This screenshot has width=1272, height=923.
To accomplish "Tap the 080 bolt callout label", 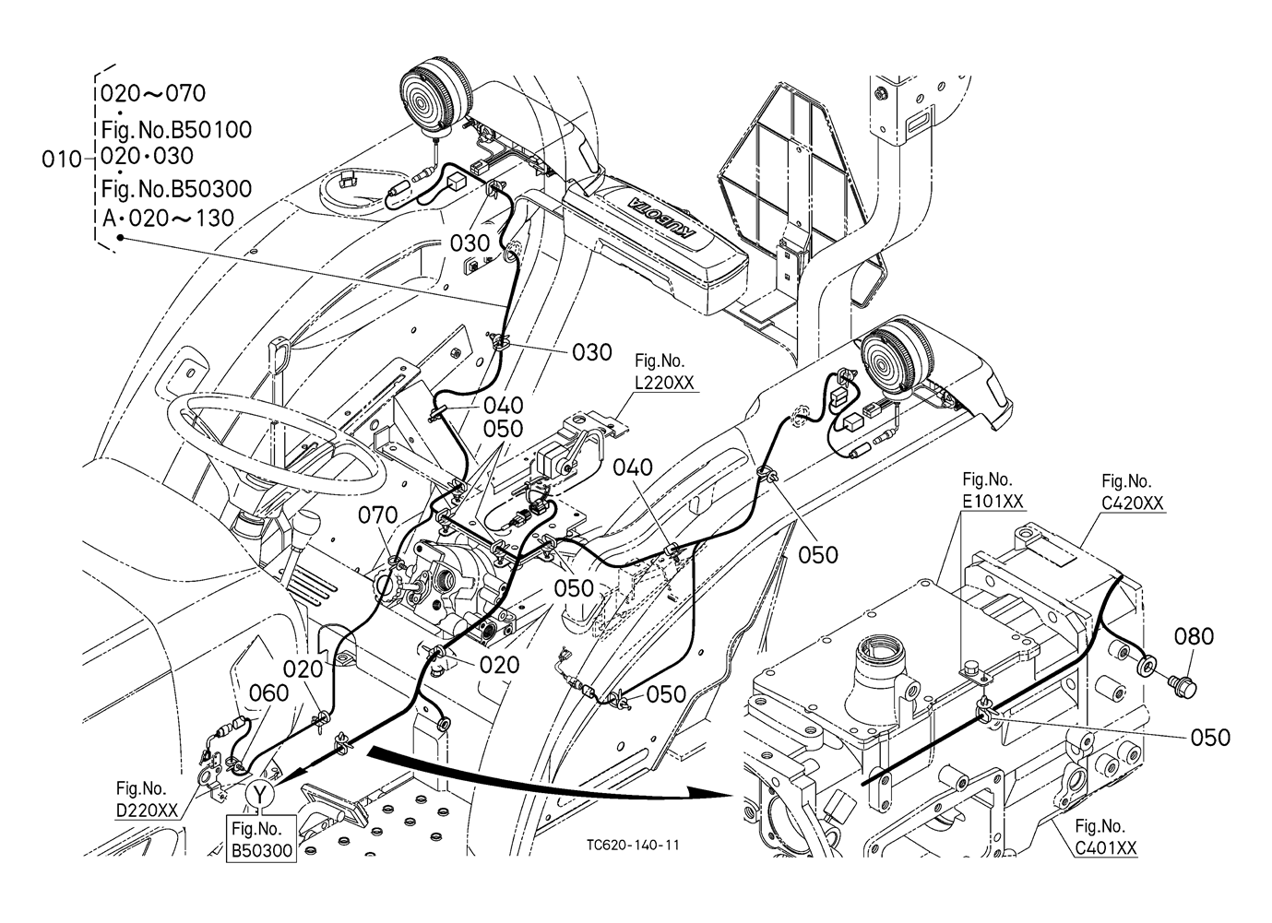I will click(x=1194, y=636).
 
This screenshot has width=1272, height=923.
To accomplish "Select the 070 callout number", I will click(x=378, y=515).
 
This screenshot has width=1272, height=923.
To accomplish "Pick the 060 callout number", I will click(x=268, y=693).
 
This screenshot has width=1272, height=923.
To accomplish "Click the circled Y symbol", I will click(x=260, y=793).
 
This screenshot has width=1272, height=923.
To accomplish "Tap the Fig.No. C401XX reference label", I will click(x=1105, y=836).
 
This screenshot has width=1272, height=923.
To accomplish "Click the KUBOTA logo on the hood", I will click(x=662, y=216).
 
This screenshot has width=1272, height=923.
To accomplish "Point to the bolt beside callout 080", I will click(x=1182, y=685).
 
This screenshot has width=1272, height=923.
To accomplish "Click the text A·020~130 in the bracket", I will click(x=167, y=218).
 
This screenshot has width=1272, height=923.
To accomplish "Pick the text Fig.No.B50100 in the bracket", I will click(x=175, y=129).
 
